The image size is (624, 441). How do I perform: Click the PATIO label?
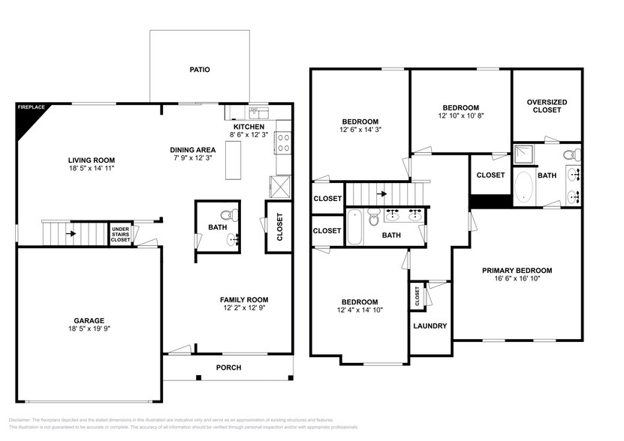click(199, 70)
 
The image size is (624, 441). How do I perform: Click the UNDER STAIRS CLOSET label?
click(120, 233)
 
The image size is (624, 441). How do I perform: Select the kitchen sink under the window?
click(258, 112)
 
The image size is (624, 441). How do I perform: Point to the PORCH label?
click(228, 367)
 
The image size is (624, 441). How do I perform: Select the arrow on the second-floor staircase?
click(383, 193)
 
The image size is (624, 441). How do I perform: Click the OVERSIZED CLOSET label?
click(547, 106)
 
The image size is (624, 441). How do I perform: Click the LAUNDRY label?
click(430, 325)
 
